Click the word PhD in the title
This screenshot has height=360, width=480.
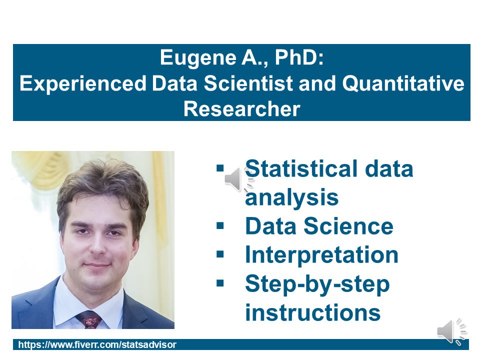coord(299,57)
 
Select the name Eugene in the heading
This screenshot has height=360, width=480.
coord(198,58)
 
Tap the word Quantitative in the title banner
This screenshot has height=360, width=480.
coord(403,83)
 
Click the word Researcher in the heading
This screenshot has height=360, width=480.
coord(242,109)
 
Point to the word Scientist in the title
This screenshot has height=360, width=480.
coord(248,83)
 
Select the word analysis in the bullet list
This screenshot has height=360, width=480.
coord(291,198)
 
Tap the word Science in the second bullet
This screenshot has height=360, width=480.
coord(348,226)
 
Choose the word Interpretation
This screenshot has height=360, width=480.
coord(321,255)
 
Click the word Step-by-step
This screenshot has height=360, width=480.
coord(317,284)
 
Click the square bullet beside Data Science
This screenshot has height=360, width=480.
coord(220,225)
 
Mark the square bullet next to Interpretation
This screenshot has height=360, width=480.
coord(220,254)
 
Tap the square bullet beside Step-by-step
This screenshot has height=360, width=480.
coord(220,283)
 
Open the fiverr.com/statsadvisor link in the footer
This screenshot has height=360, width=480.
coord(97,344)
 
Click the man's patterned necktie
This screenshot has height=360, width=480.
coord(89,319)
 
